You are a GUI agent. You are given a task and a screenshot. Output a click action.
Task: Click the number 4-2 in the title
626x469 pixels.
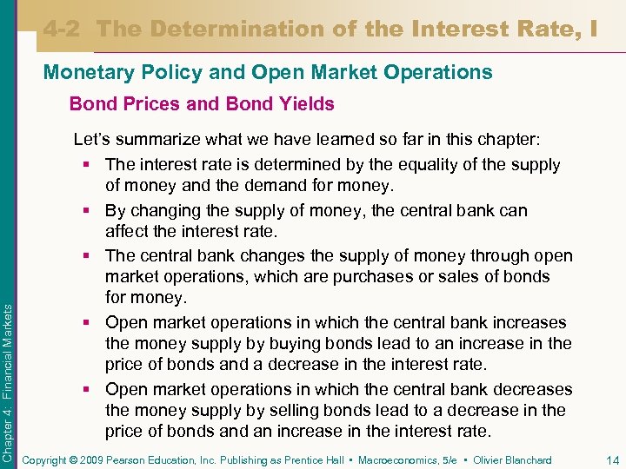click(x=63, y=29)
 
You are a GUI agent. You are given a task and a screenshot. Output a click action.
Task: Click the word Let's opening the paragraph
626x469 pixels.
click(x=91, y=139)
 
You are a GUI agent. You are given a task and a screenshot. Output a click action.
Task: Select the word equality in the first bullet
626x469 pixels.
click(x=409, y=165)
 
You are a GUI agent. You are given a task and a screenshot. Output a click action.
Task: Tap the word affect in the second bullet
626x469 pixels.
click(x=128, y=231)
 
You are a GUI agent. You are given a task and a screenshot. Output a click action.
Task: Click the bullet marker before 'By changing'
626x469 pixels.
click(x=90, y=210)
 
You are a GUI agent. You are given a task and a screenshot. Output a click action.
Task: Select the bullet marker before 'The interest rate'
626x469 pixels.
click(x=90, y=165)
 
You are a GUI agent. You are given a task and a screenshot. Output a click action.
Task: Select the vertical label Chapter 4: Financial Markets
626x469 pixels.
click(x=8, y=366)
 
